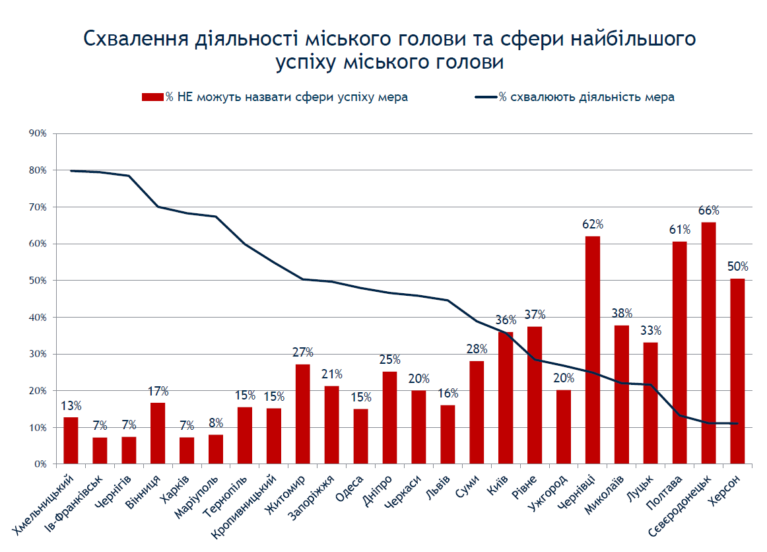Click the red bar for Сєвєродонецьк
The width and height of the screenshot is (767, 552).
pos(708,343)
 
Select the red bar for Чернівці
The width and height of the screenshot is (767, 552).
pos(592,350)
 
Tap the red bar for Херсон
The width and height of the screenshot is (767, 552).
pos(737,372)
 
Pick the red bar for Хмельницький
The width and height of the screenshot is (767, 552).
pos(71,440)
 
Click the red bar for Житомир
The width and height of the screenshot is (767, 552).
pos(303,414)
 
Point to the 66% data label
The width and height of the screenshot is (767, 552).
pos(709,211)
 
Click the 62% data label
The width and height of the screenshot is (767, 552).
pos(593,224)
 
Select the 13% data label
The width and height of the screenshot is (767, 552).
pos(71,405)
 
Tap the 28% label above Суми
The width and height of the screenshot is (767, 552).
pos(477,349)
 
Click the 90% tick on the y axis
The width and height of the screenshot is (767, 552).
pos(38,133)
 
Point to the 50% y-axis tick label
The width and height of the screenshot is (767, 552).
pos(38,281)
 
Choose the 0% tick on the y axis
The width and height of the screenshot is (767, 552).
pos(40,464)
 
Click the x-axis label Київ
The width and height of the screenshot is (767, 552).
pos(498,485)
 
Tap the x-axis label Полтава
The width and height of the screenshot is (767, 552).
pos(664,493)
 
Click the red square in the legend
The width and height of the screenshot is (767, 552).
pos(152,97)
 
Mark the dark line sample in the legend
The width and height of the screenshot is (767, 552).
pos(486,97)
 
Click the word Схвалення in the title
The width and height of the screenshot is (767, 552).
pos(136,39)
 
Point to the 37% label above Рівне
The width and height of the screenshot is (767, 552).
pos(535,315)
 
